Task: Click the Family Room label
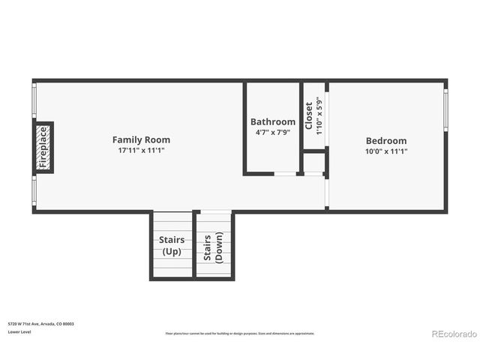tap(141, 139)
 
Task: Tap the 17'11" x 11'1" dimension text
tap(141, 150)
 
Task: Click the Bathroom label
tap(273, 121)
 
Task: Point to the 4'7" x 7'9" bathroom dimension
tap(273, 132)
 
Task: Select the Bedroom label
tap(386, 140)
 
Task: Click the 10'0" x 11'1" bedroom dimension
tap(386, 151)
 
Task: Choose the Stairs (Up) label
tap(172, 245)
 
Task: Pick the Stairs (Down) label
tap(214, 245)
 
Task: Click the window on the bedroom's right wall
tap(445, 110)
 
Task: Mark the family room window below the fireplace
tap(33, 191)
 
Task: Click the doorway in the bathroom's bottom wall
tap(285, 174)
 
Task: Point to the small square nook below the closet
tap(314, 162)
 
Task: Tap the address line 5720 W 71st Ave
tap(41, 324)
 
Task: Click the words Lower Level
tap(19, 331)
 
